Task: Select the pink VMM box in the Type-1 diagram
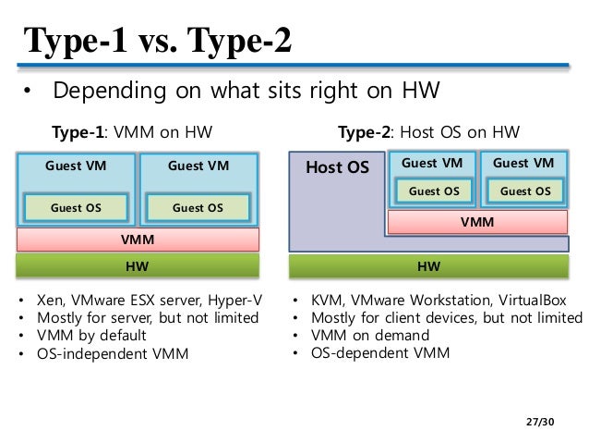pyautogui.click(x=138, y=240)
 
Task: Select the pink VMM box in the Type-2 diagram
pyautogui.click(x=477, y=222)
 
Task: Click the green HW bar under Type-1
pyautogui.click(x=138, y=266)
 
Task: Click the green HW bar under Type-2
pyautogui.click(x=428, y=266)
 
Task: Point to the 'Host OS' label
pyautogui.click(x=337, y=167)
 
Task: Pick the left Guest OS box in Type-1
pyautogui.click(x=77, y=208)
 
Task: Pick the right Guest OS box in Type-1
pyautogui.click(x=198, y=208)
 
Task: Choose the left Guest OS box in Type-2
pyautogui.click(x=433, y=191)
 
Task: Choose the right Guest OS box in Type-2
pyautogui.click(x=523, y=191)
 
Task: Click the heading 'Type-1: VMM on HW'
pyautogui.click(x=131, y=132)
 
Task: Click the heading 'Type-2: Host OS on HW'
pyautogui.click(x=428, y=132)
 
